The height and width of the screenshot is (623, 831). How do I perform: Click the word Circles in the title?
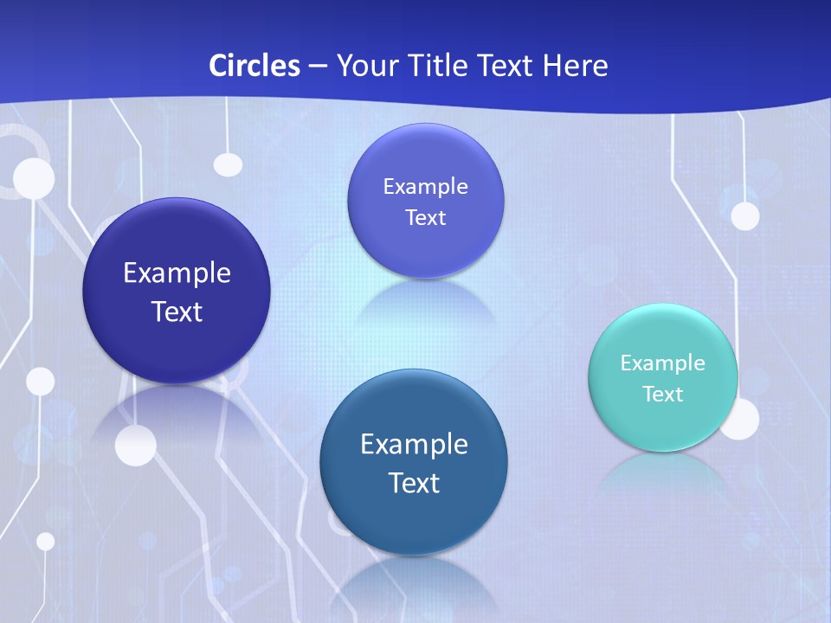click(x=254, y=66)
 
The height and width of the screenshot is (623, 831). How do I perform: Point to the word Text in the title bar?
click(x=506, y=66)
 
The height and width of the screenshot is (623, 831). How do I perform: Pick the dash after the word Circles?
click(x=318, y=67)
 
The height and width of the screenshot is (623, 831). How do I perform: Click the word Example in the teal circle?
click(x=662, y=363)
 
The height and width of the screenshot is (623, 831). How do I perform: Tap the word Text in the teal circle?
click(x=662, y=395)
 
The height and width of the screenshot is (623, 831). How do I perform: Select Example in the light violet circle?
click(x=425, y=186)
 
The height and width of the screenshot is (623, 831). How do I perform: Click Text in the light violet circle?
click(x=425, y=218)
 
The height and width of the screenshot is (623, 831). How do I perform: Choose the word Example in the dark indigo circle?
click(x=177, y=273)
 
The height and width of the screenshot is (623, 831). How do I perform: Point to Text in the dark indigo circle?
click(x=177, y=311)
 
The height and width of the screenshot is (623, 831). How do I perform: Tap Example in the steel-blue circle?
click(x=414, y=445)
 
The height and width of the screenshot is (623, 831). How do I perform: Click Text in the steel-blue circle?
click(x=414, y=483)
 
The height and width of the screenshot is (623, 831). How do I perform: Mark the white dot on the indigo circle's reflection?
click(x=136, y=446)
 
